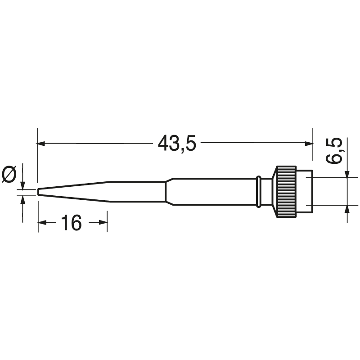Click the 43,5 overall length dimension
click(x=177, y=144)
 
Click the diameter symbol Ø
click(x=9, y=175)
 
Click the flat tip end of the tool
click(x=39, y=193)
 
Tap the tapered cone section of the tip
click(x=74, y=192)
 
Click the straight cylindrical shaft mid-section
click(x=211, y=192)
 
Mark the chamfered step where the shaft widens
click(x=169, y=192)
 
